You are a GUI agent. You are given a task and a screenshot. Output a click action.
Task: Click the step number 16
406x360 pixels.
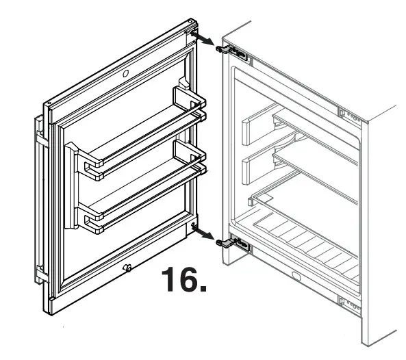[183, 279]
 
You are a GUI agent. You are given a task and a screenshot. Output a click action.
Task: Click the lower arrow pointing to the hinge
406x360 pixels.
[204, 235]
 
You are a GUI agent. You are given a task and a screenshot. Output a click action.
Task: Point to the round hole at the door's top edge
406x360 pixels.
[126, 73]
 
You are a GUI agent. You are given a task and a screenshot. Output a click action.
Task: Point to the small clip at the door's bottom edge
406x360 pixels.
[127, 268]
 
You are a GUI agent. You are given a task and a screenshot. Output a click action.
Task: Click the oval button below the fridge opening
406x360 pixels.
[296, 277]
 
